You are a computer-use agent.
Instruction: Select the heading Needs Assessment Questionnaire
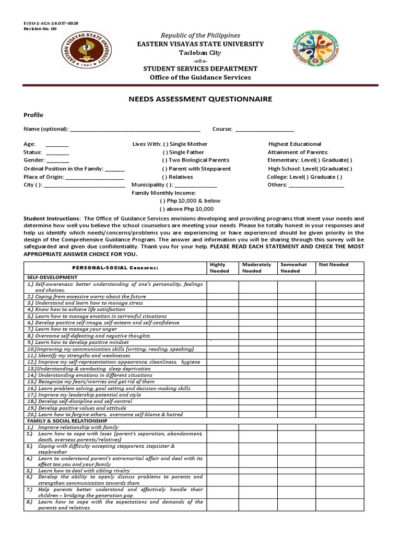[x=200, y=99]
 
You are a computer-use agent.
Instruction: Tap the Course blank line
[x=265, y=129]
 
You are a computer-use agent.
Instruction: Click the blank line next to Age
[x=57, y=144]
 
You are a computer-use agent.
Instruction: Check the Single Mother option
[x=166, y=144]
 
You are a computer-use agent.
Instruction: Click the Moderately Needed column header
[x=256, y=267]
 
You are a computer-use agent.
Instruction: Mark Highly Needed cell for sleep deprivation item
[x=223, y=368]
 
